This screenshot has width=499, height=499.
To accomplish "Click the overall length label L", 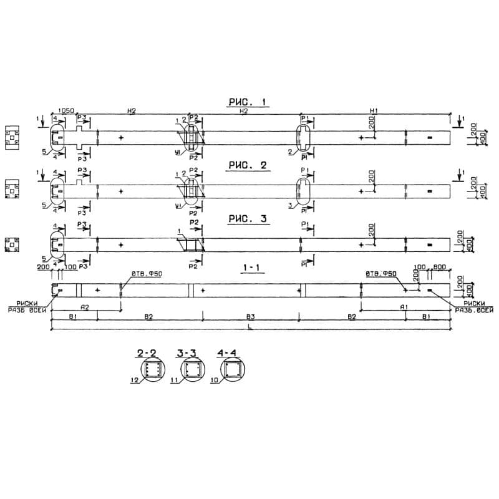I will (x=249, y=326).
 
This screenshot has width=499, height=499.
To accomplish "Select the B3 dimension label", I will (x=249, y=317).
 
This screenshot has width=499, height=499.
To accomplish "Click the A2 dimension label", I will (x=85, y=308).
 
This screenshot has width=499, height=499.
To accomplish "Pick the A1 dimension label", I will (x=404, y=308).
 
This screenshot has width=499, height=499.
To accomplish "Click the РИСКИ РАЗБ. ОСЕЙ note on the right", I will (x=474, y=306).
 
